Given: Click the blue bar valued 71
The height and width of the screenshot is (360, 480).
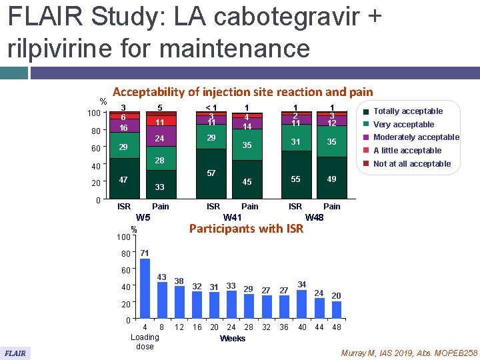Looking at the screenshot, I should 145,287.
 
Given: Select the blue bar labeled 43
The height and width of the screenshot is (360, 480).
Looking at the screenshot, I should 162,300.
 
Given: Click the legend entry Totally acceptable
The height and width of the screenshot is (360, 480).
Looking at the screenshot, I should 407,111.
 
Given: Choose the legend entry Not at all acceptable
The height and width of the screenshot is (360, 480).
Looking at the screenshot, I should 411,164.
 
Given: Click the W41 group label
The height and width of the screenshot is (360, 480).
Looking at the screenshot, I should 232,217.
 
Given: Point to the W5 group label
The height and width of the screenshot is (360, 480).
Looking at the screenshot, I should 143,217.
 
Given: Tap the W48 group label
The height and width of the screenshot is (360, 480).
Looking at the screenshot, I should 313,217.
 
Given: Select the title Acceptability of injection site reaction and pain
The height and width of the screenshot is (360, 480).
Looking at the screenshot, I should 243,92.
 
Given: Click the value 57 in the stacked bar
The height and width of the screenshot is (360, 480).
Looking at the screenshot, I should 211,173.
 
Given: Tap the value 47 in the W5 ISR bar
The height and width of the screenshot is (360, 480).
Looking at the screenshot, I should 123,180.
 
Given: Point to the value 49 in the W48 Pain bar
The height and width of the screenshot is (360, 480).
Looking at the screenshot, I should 331,179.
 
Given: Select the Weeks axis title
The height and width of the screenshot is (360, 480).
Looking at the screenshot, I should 232,339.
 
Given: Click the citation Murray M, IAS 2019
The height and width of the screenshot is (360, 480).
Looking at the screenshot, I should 407,352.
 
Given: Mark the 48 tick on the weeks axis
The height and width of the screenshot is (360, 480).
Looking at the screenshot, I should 336,327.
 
